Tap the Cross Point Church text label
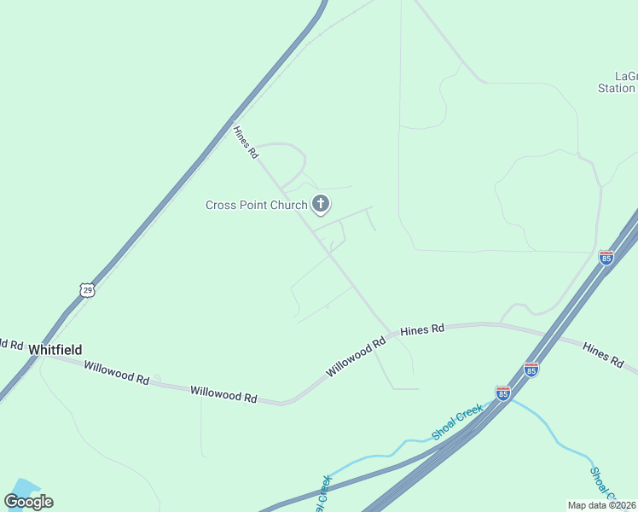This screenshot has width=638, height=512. pos(256,205)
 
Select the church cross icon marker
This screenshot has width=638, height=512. pos(321,203)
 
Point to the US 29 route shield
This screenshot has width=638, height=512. pos(87,291)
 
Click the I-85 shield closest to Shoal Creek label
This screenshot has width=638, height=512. pos(502,393)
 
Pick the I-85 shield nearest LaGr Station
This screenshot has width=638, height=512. pos(606,257)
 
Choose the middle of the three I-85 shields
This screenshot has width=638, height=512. pos(531,369)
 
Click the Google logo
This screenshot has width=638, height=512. pos(28,502)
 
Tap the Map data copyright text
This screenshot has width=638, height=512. pos(601,505)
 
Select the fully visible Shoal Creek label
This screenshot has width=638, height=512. pos(457,422)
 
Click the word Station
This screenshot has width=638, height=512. pos(616,88)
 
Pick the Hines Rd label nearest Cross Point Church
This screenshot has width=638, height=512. pos(246,143)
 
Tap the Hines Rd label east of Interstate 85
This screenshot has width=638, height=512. pos(603,355)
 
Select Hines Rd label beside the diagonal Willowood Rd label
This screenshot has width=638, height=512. pos(422,329)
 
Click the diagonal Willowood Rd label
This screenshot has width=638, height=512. pos(356,357)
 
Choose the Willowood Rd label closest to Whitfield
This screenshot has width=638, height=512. pos(117,372)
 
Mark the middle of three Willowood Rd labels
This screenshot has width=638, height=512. pos(223,393)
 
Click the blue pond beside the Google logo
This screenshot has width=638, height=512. pos(24,488)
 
